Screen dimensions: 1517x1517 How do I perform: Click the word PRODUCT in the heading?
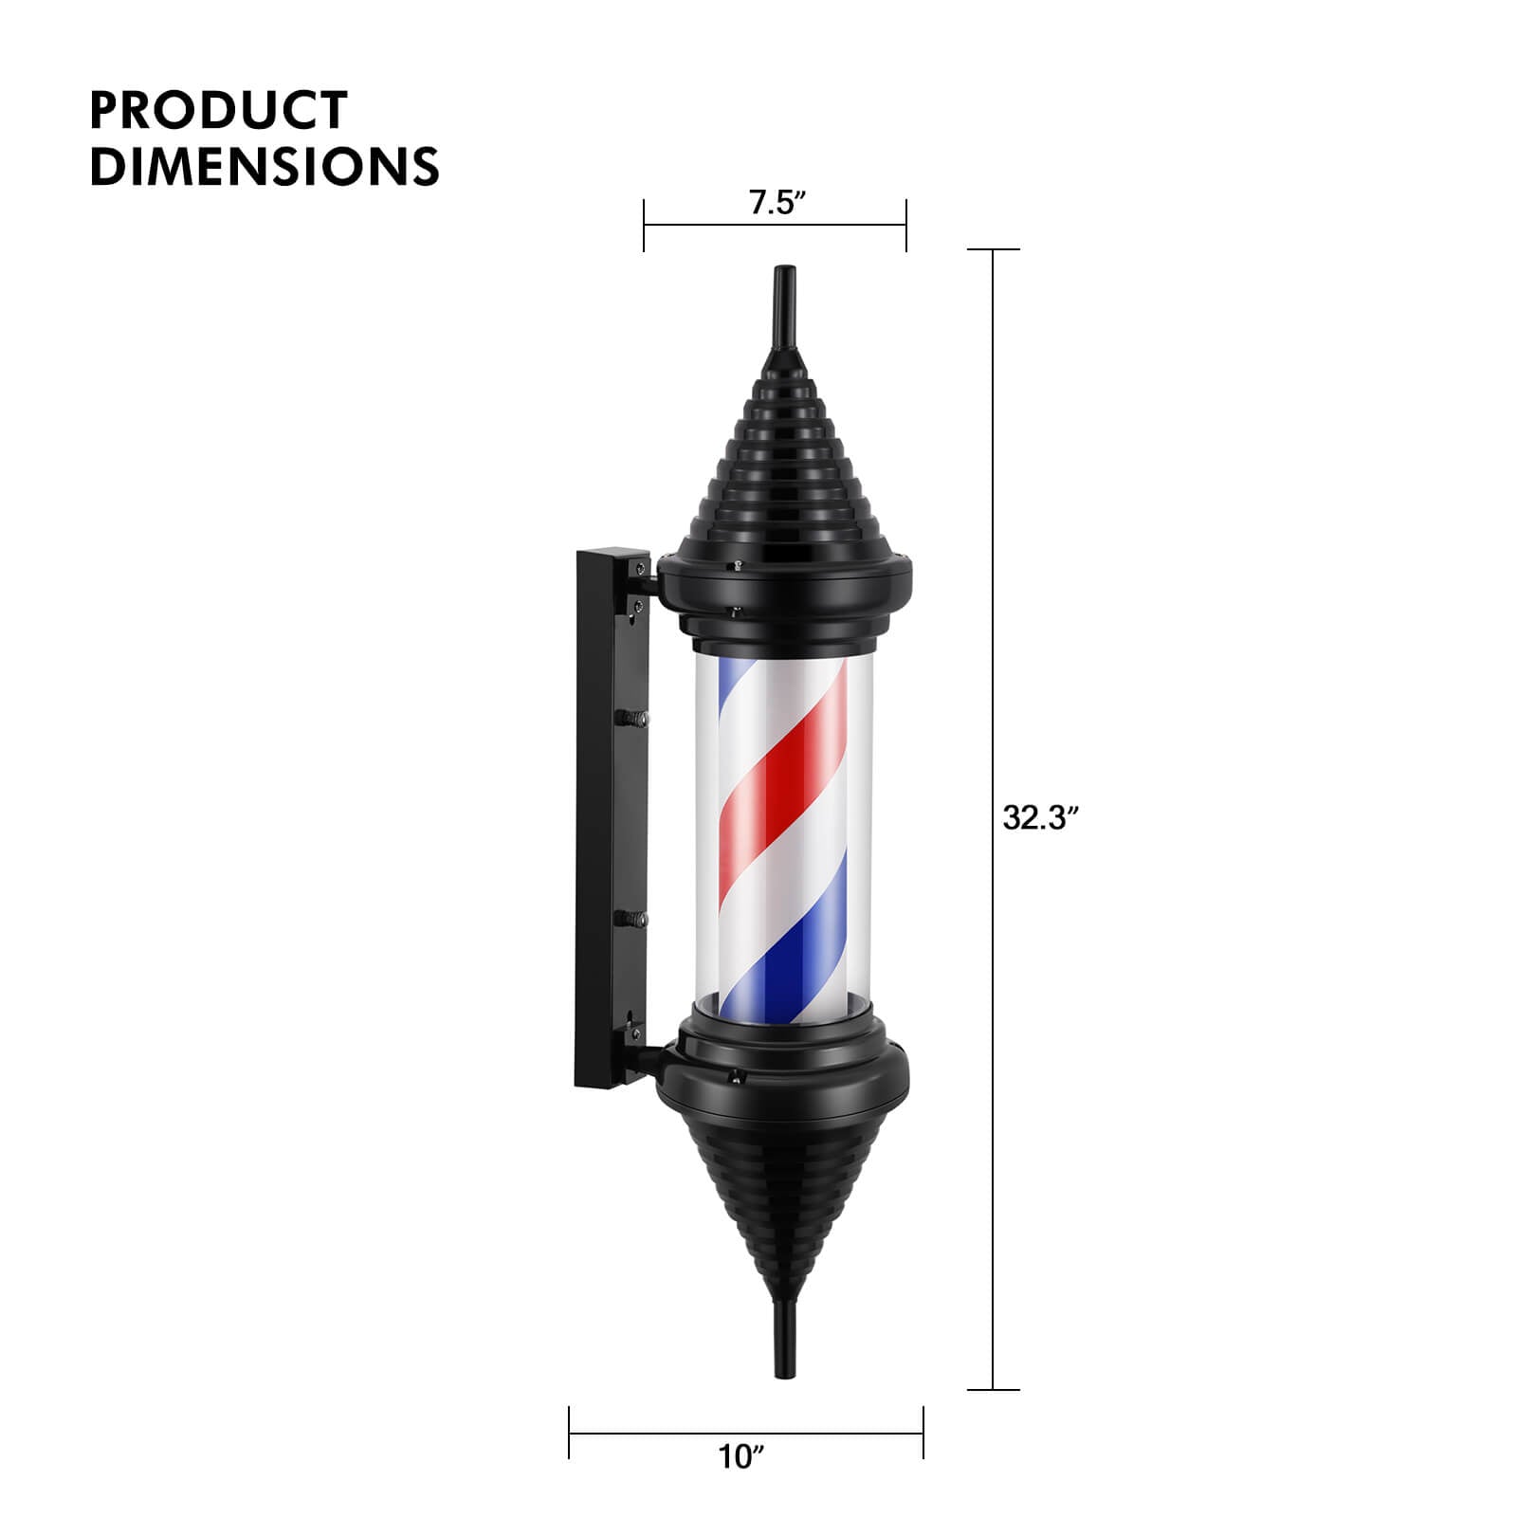click(218, 110)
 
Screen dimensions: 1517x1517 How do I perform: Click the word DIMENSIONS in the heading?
click(264, 166)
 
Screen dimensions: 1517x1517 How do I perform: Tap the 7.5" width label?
click(777, 203)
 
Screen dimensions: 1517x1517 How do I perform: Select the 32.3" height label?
click(1041, 817)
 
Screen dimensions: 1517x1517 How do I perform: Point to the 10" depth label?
click(740, 1456)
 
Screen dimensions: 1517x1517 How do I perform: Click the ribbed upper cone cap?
click(783, 465)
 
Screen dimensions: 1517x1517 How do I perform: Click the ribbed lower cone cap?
click(783, 1195)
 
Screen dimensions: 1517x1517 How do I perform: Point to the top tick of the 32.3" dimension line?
click(993, 250)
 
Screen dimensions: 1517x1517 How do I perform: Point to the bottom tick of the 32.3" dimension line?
click(993, 1390)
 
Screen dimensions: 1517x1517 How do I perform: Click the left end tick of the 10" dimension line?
click(569, 1433)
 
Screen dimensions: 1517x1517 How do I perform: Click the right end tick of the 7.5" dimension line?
click(906, 226)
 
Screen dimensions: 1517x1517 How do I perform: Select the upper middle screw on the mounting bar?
click(633, 719)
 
